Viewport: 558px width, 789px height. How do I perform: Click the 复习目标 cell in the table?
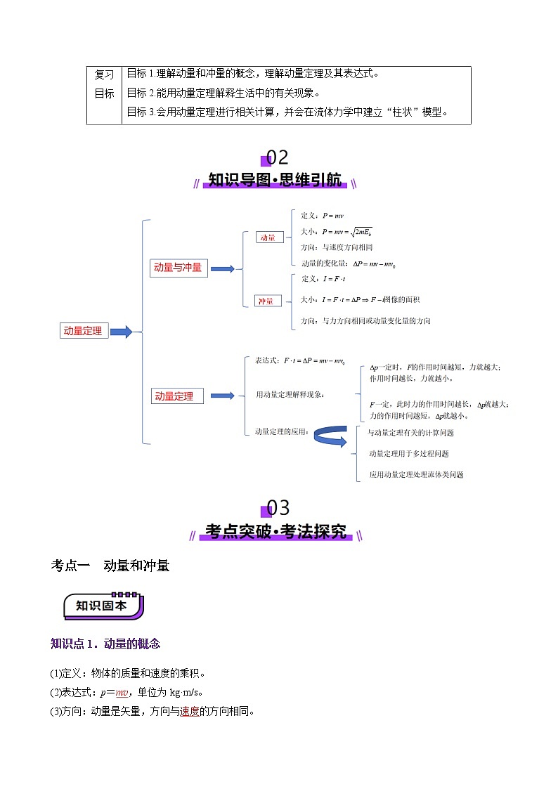tap(104, 84)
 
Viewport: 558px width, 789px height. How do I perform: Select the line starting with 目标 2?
tap(223, 93)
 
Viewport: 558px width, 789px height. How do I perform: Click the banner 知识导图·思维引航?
tap(275, 181)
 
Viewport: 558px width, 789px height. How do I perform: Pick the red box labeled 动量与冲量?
tap(178, 268)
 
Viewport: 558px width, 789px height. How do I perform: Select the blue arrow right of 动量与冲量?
tap(223, 268)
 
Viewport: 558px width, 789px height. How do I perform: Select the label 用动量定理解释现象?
tap(290, 395)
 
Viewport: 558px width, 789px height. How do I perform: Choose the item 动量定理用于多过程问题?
tap(408, 454)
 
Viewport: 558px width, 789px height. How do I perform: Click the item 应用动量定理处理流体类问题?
tap(417, 475)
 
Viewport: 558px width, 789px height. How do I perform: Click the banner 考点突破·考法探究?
tap(275, 532)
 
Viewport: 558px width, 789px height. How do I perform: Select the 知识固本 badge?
tap(103, 606)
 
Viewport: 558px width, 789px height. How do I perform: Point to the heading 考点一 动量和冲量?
tap(111, 566)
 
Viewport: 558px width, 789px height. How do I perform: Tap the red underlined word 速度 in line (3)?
tap(190, 711)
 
